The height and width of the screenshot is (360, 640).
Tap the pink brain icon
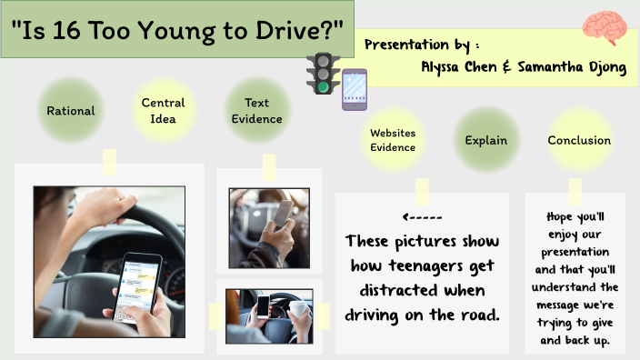coord(602,28)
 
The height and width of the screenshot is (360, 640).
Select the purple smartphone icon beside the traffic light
coord(354,89)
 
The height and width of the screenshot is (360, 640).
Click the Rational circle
coord(71,111)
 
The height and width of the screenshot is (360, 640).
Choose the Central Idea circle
coord(163,111)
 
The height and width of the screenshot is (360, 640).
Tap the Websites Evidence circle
coord(393,140)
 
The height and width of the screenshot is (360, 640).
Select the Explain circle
coord(485,140)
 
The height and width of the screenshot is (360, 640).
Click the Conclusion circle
coord(579,140)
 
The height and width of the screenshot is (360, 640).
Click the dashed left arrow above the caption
coord(421,218)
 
